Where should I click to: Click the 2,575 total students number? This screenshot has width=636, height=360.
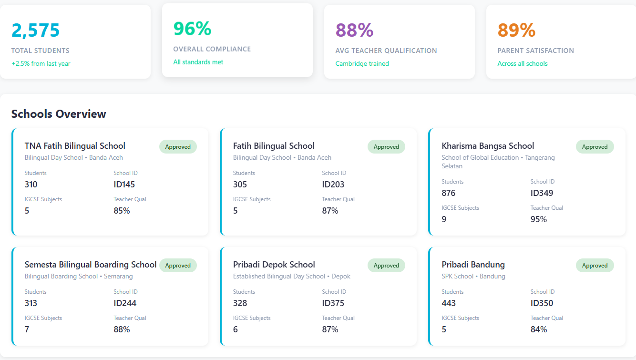[36, 31]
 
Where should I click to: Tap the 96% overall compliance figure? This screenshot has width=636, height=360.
[192, 29]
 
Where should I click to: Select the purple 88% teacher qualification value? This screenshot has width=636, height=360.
[354, 31]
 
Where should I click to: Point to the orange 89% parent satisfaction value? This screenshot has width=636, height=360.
[516, 31]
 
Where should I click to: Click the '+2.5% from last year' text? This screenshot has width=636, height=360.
[41, 63]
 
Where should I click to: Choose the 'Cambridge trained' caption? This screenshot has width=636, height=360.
[362, 63]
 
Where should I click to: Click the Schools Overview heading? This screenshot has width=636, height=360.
[59, 114]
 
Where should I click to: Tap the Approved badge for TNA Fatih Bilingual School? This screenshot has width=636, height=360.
[178, 147]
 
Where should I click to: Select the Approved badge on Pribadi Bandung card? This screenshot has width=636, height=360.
[595, 266]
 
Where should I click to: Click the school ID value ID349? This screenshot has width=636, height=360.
[542, 193]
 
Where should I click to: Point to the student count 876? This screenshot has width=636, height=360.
[449, 193]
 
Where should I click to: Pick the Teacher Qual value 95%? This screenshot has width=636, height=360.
[539, 219]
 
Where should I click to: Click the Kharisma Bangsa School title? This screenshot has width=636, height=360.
[488, 146]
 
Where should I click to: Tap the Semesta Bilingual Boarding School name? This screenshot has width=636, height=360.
[91, 265]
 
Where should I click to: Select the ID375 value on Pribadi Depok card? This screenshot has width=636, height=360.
[333, 303]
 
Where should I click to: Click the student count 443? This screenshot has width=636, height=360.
[449, 303]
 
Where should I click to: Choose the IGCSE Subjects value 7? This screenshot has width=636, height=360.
[27, 329]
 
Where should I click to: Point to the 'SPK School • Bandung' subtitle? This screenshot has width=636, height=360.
[473, 276]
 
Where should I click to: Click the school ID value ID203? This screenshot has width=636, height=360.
[333, 185]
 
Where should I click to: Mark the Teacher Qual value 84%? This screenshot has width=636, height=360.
[539, 329]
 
